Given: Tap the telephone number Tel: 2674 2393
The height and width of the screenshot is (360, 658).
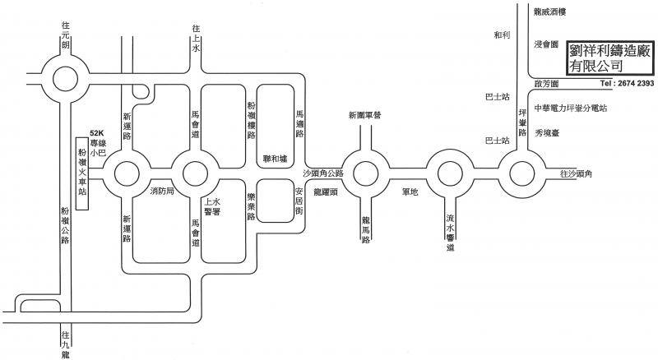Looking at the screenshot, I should click(x=627, y=85).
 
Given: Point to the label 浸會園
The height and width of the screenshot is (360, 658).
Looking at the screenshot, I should click(x=546, y=43).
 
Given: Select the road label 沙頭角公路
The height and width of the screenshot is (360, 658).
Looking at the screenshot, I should click(x=322, y=173).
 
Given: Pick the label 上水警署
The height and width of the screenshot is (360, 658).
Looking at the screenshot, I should click(x=212, y=205).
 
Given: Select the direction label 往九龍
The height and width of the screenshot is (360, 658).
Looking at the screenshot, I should click(x=65, y=345).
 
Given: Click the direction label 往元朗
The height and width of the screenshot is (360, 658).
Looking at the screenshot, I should click(x=65, y=35).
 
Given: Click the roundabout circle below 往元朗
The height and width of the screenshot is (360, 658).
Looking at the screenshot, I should click(x=65, y=80).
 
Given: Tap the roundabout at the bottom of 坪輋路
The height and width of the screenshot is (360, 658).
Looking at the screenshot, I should click(x=521, y=174).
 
